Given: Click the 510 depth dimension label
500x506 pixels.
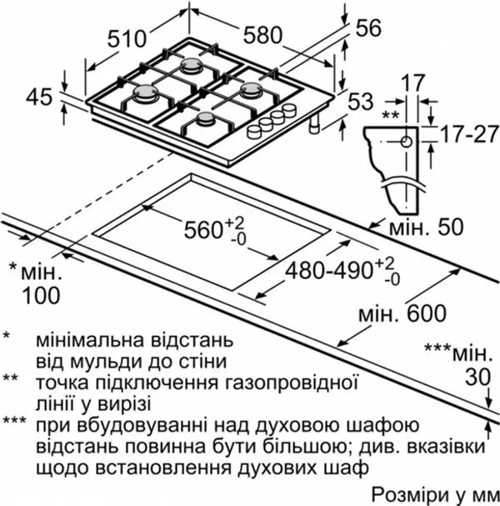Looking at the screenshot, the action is coord(127,39).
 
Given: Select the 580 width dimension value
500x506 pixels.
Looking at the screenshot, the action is coord(262,35).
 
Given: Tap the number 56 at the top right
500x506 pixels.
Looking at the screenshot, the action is coord(368,28).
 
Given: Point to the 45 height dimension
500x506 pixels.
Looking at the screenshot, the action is coord(38,98).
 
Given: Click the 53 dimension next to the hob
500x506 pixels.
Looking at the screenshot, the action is coord(361,101).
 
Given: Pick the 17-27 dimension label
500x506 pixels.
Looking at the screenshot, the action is coord(469,134).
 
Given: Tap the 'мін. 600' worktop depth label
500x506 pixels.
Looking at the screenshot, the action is coord(402,313).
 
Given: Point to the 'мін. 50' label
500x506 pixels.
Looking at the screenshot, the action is coord(427,227).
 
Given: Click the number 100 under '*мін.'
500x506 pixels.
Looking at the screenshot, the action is coord(42,295).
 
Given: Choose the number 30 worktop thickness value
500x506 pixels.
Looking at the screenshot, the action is coord(477,378).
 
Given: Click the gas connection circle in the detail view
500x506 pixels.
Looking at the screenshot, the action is coord(407,142).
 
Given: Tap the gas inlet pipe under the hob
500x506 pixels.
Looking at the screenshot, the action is coord(314,124).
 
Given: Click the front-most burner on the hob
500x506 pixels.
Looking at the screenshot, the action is coord(206,118).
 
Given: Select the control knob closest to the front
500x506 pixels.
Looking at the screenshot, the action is coord(254,132).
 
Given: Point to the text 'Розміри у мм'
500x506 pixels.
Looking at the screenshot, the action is coord(436,494).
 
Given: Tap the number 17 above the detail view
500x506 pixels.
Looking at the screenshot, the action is coord(414,83).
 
